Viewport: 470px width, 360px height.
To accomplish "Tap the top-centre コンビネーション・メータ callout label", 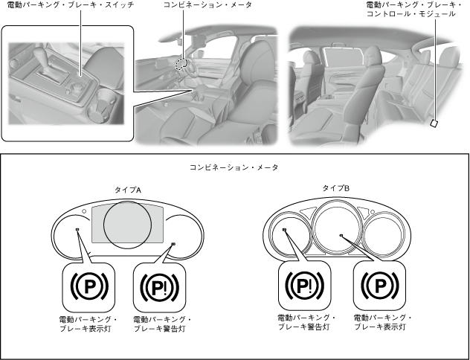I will pyautogui.click(x=207, y=5).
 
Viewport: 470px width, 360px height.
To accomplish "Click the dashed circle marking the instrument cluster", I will pyautogui.click(x=181, y=65).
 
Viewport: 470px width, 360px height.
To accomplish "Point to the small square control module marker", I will pyautogui.click(x=435, y=123).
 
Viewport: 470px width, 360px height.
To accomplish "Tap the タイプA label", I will pyautogui.click(x=128, y=189).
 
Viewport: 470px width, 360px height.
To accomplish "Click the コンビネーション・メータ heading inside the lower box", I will pyautogui.click(x=234, y=168).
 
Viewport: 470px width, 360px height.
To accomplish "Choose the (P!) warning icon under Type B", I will pyautogui.click(x=306, y=286).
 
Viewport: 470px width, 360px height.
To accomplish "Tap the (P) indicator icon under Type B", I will pyautogui.click(x=379, y=286).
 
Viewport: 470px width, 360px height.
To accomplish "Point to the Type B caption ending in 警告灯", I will pyautogui.click(x=306, y=322).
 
